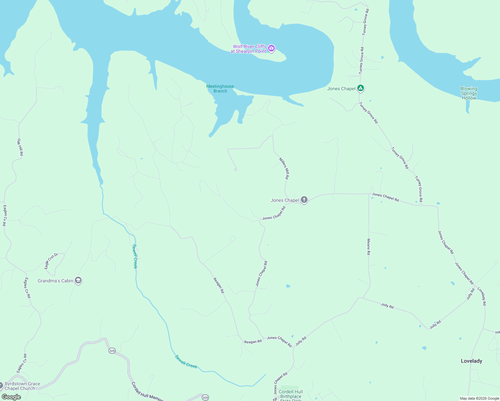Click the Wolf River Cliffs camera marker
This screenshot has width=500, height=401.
click(271, 49)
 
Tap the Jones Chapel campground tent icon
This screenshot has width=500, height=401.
click(360, 88)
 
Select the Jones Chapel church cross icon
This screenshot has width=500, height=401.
click(304, 200)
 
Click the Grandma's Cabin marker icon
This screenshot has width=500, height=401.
click(78, 280)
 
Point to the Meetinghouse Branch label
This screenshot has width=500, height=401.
click(220, 89)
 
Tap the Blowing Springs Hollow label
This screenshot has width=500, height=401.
click(469, 93)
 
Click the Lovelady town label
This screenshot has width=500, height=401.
click(471, 361)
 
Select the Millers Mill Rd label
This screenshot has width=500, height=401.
click(284, 168)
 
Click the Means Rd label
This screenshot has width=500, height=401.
click(369, 247)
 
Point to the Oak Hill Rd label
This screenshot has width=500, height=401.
click(20, 147)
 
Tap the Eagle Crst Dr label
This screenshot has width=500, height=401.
click(51, 261)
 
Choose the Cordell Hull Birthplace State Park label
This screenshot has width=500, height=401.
click(290, 394)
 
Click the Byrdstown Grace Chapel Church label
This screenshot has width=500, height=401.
click(22, 386)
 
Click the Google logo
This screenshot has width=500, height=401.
click(11, 397)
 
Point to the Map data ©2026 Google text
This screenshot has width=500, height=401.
click(479, 398)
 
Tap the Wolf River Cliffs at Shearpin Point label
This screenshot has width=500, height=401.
click(248, 49)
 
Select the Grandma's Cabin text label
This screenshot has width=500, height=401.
click(55, 281)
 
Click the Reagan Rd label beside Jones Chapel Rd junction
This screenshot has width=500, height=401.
click(253, 342)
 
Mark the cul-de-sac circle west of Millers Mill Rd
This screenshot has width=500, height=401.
click(236, 169)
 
